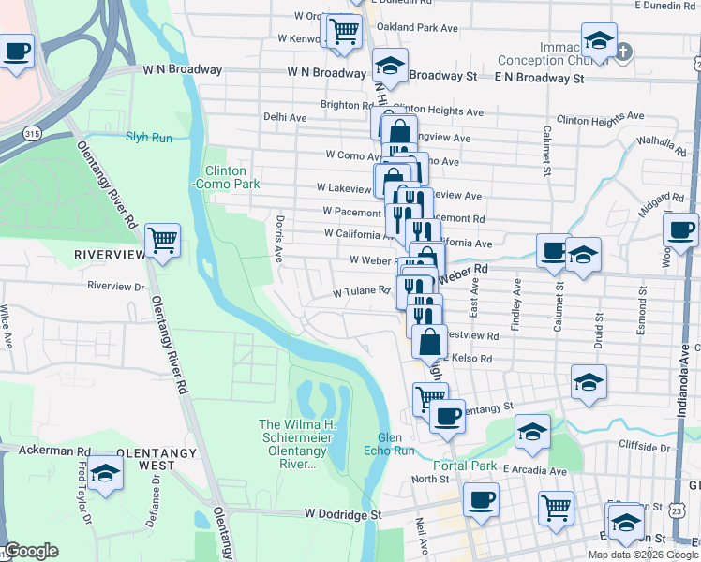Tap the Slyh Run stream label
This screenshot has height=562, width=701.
coord(149,137)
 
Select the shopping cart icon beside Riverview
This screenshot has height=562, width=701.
coord(163,240)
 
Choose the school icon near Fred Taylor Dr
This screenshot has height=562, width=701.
coord(106,474)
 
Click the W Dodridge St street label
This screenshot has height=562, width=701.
coord(344,514)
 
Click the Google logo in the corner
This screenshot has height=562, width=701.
coord(31,551)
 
